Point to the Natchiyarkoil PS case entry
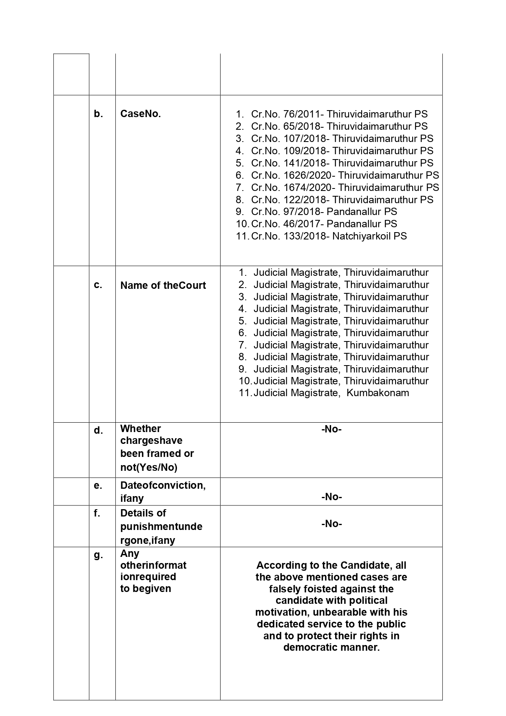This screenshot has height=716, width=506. click(x=329, y=236)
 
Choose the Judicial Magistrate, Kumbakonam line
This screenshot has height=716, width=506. click(x=331, y=393)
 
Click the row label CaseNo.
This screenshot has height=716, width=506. click(x=140, y=114)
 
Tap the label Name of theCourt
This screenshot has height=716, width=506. click(x=163, y=286)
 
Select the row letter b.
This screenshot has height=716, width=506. click(x=98, y=114)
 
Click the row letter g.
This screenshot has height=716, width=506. click(x=98, y=555)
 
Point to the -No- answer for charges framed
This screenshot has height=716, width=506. click(x=331, y=429)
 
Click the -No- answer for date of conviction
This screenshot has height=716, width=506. click(x=331, y=497)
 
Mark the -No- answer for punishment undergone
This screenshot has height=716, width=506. click(x=331, y=524)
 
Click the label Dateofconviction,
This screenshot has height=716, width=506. click(x=163, y=485)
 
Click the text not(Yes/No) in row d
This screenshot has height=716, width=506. click(x=148, y=468)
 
